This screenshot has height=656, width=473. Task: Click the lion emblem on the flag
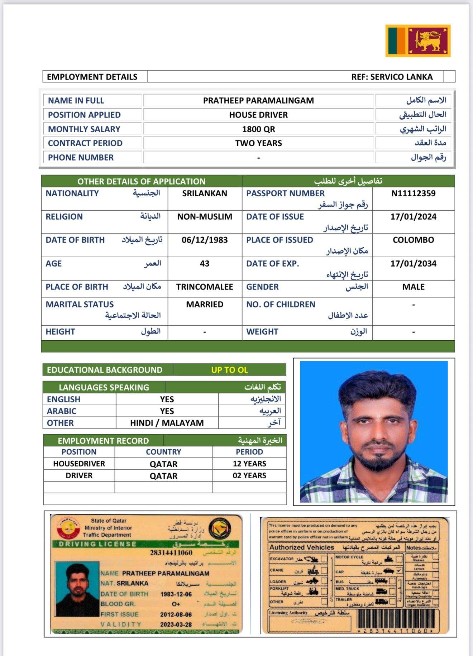[429, 40]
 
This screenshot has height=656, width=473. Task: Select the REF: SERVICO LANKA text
[392, 77]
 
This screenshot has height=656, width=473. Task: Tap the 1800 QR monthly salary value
[258, 129]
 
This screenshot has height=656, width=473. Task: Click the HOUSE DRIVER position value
[258, 115]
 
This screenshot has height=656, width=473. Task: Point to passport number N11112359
[413, 193]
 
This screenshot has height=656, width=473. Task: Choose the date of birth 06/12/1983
[204, 240]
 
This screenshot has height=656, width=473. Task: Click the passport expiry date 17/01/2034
[413, 264]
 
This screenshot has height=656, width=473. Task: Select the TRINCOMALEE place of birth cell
[204, 287]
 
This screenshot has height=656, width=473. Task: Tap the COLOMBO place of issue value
[413, 240]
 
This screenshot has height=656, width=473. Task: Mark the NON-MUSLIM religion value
[204, 217]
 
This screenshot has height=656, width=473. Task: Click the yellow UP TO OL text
[229, 370]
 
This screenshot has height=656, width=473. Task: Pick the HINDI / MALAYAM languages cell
[167, 423]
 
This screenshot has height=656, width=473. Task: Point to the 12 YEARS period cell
[249, 464]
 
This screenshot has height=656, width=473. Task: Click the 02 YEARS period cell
[249, 475]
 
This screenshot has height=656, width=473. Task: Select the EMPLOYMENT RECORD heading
[103, 441]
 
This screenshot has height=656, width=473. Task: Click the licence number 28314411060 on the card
[171, 553]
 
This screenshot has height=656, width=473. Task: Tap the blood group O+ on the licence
[176, 604]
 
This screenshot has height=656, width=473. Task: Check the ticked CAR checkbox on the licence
[399, 570]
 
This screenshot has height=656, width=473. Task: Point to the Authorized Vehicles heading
[302, 547]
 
